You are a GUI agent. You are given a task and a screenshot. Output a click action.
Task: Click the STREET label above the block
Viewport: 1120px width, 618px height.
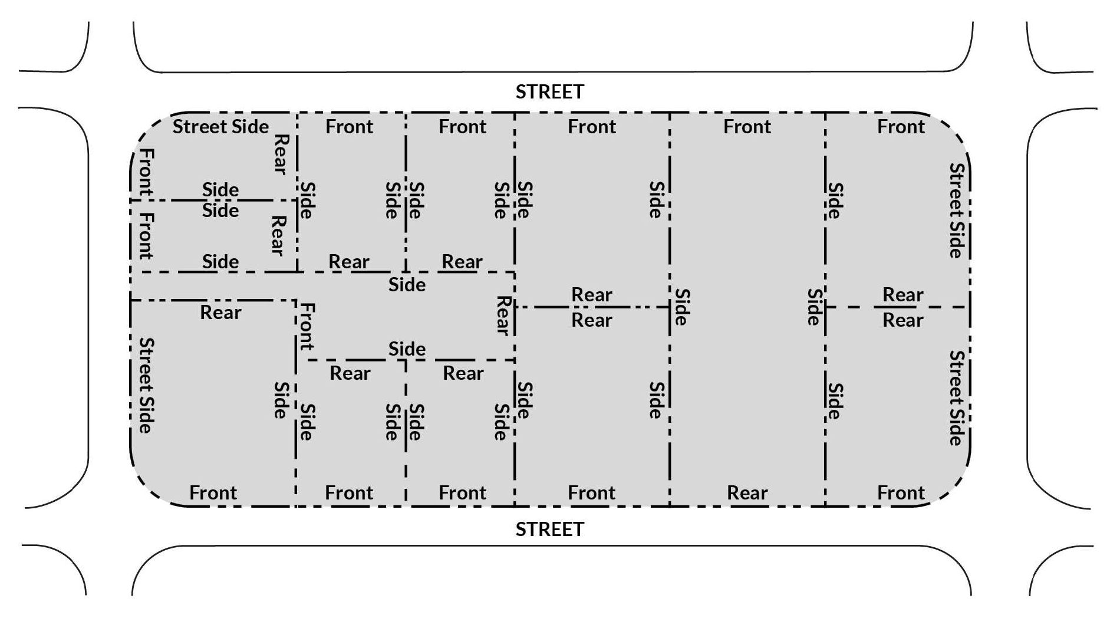tap(549, 92)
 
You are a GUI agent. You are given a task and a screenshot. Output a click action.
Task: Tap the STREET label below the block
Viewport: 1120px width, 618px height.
tap(549, 529)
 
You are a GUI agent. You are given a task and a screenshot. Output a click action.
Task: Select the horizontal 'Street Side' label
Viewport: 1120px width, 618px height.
tap(220, 127)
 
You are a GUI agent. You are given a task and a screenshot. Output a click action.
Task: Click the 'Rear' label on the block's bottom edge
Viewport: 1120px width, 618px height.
tap(747, 492)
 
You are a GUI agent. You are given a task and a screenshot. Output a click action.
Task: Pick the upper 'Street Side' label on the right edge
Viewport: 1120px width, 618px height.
tap(956, 211)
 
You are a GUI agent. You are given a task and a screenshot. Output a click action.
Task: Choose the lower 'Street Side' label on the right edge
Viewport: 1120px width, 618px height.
tap(956, 398)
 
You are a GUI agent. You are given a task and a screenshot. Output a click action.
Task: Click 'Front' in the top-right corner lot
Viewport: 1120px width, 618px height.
tap(901, 127)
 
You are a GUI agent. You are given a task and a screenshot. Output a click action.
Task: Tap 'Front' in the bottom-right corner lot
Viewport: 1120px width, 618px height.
tap(901, 492)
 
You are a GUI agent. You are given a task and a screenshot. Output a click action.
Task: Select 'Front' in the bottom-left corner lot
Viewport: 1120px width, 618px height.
tap(213, 492)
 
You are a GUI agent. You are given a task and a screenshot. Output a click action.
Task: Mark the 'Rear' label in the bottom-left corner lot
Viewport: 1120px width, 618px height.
tap(220, 312)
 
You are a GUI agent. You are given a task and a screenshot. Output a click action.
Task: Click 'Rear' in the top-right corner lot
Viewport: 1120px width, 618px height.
tap(902, 294)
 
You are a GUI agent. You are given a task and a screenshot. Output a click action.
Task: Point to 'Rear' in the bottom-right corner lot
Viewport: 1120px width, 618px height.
tap(902, 320)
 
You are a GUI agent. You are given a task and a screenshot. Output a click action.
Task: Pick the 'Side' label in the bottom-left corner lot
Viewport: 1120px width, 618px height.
tap(281, 400)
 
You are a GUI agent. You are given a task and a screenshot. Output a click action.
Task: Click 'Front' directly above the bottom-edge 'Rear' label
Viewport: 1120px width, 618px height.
tap(747, 127)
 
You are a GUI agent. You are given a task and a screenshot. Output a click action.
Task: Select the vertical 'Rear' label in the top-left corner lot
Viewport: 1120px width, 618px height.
tap(281, 154)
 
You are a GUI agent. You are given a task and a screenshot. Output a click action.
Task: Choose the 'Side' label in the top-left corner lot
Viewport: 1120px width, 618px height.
tap(220, 189)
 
